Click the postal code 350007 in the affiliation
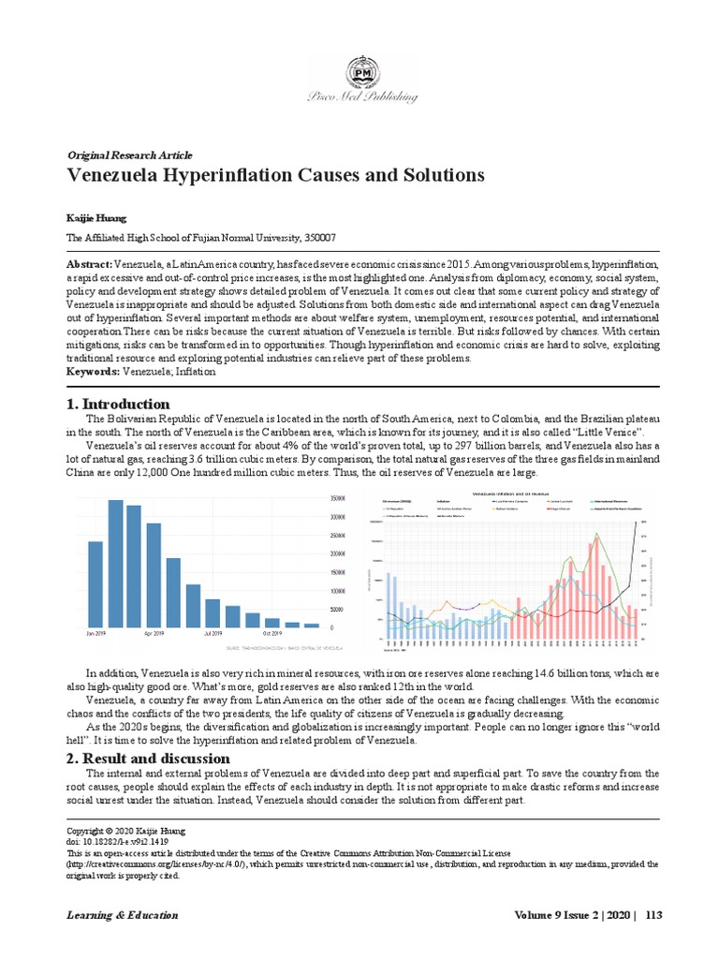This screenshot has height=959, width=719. click(317, 238)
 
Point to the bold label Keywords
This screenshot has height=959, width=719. click(93, 372)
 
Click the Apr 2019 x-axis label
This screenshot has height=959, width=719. click(155, 634)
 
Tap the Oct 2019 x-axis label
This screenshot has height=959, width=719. click(273, 634)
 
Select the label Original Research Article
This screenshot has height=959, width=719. click(129, 155)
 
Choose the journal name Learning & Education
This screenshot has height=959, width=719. click(122, 914)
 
